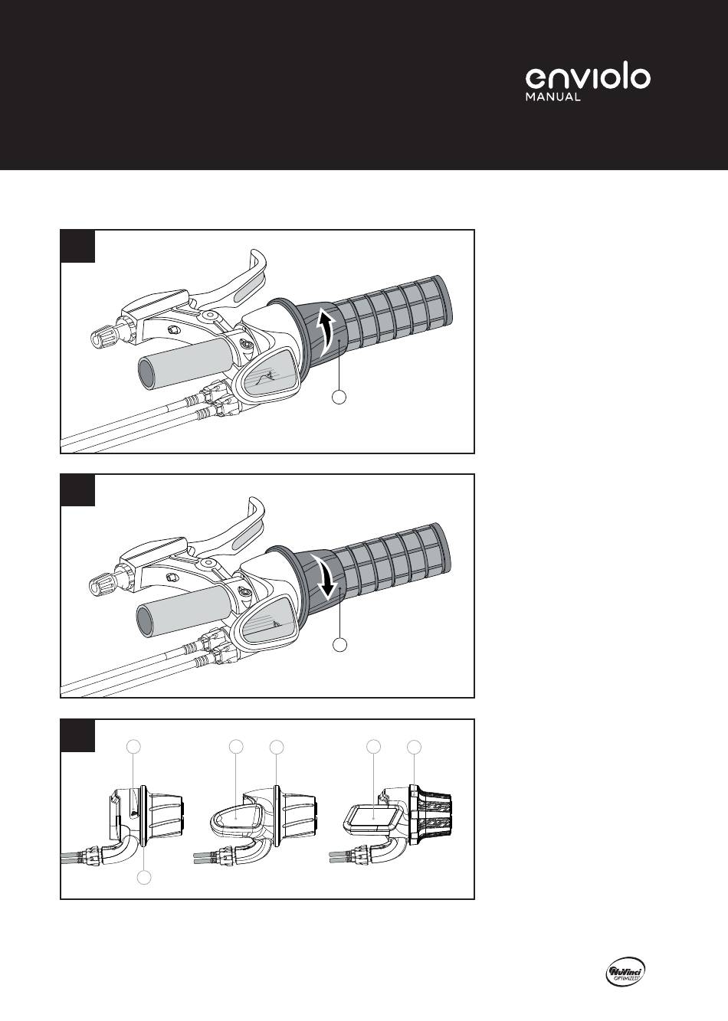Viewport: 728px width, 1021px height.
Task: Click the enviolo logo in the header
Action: click(588, 78)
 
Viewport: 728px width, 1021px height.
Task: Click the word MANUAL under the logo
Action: click(553, 97)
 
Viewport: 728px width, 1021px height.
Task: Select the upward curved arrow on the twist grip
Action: click(326, 331)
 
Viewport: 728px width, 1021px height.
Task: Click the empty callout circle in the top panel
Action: click(339, 397)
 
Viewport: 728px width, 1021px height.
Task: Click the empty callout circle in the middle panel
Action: click(339, 644)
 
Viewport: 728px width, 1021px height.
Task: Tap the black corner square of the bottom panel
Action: click(77, 735)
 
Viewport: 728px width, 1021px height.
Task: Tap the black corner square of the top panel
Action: click(77, 246)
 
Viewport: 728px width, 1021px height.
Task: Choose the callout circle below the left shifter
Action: click(145, 878)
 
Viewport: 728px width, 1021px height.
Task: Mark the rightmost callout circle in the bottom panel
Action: click(414, 747)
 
